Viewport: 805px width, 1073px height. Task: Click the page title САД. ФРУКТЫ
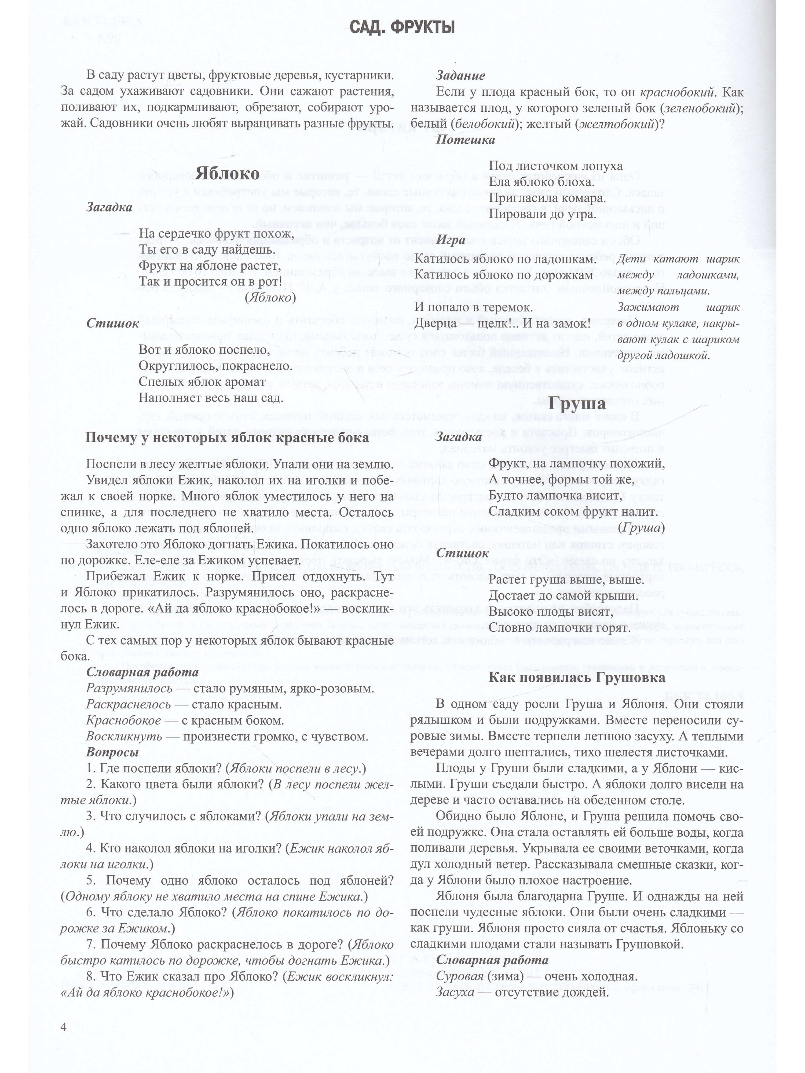point(402,28)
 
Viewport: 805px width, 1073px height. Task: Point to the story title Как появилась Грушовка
point(576,677)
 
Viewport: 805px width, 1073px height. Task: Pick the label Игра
point(451,240)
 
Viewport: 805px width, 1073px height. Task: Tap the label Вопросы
point(112,752)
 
